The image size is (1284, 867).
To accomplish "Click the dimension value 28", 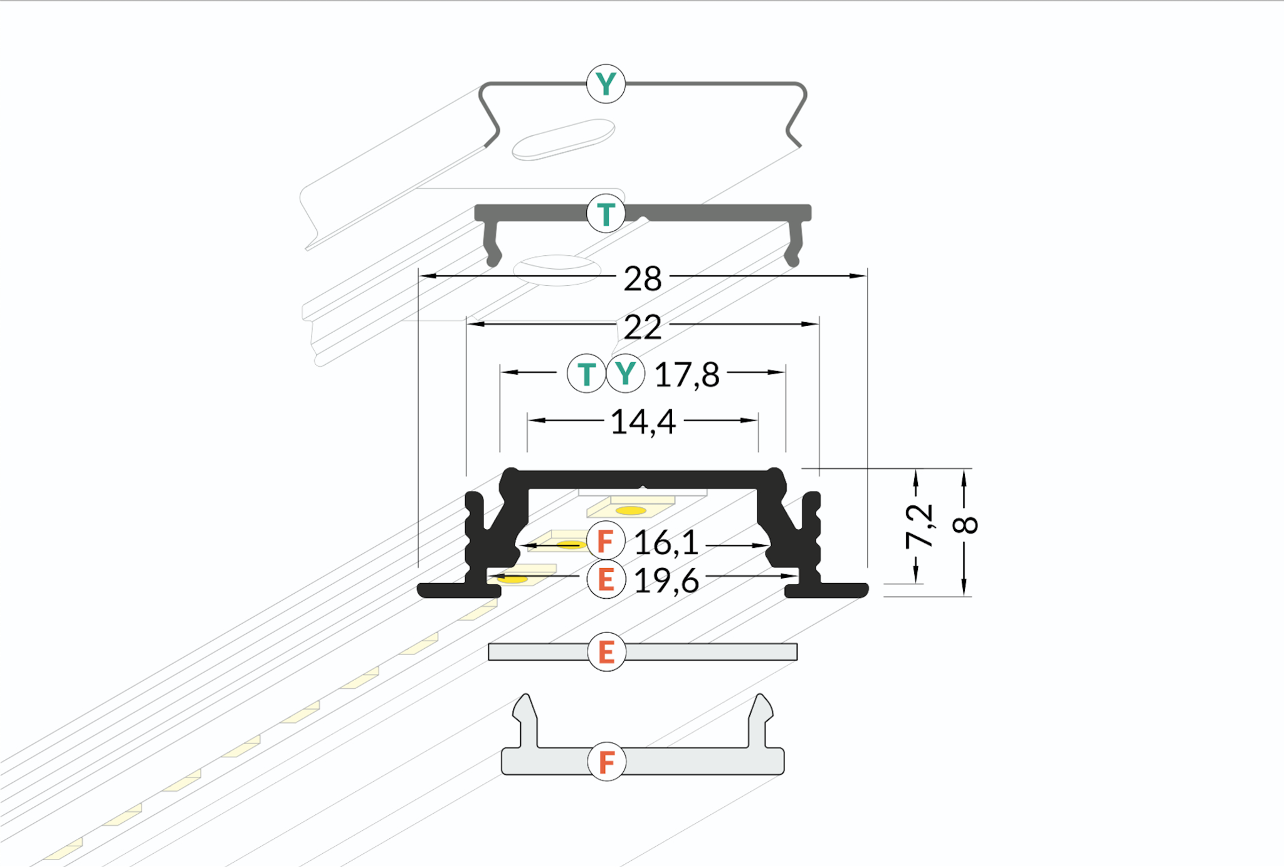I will pyautogui.click(x=643, y=278).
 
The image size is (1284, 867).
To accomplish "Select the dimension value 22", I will pyautogui.click(x=643, y=327).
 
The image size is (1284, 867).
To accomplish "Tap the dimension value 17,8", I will pyautogui.click(x=687, y=375).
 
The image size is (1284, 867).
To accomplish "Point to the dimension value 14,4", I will pyautogui.click(x=643, y=422).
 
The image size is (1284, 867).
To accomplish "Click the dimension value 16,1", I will pyautogui.click(x=666, y=543).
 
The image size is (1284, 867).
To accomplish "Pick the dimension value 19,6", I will pyautogui.click(x=666, y=581).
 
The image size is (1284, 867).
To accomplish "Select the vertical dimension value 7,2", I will pyautogui.click(x=920, y=525).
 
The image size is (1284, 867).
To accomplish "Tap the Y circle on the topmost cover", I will pyautogui.click(x=606, y=83).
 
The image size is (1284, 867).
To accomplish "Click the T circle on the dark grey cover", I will pyautogui.click(x=606, y=214).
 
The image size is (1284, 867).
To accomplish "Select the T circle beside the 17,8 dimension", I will pyautogui.click(x=586, y=374).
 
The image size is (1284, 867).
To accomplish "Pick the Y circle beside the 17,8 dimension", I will pyautogui.click(x=625, y=374).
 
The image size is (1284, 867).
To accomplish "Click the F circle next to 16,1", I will pyautogui.click(x=606, y=540).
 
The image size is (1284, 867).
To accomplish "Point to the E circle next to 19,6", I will pyautogui.click(x=606, y=579).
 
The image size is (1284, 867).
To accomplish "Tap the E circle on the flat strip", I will pyautogui.click(x=606, y=652).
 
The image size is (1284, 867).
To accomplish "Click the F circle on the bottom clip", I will pyautogui.click(x=606, y=762).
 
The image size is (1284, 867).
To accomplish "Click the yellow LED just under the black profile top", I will pyautogui.click(x=631, y=510).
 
